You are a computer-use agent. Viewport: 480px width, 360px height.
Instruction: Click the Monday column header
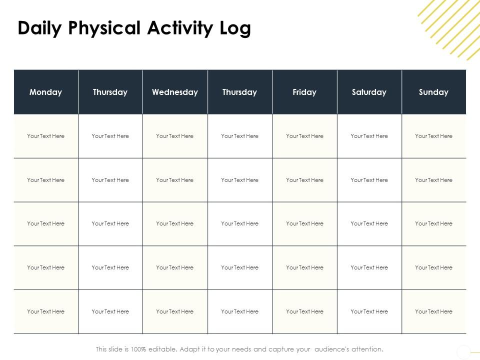[x=46, y=92]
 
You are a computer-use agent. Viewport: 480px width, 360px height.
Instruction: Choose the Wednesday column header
[x=175, y=92]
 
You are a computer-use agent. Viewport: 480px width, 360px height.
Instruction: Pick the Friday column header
[x=304, y=92]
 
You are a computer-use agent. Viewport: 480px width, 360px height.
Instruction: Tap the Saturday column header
[x=369, y=92]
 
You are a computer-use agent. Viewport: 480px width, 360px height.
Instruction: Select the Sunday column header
[x=433, y=92]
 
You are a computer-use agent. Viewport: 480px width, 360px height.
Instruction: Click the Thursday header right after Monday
[x=110, y=92]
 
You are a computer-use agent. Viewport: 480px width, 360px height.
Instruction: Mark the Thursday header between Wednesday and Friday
[x=239, y=92]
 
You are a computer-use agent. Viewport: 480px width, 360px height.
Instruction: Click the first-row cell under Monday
[x=46, y=136]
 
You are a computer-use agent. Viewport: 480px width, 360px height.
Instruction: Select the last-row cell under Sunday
[x=433, y=311]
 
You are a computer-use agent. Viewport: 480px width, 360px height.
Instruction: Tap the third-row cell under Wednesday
[x=175, y=223]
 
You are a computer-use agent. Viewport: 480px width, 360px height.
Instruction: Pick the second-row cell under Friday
[x=304, y=180]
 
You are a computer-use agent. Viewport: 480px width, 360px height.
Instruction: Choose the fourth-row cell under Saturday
[x=369, y=267]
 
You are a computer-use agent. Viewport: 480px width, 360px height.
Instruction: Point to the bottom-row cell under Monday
[x=46, y=311]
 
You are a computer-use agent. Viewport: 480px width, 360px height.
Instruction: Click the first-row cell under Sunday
[x=433, y=136]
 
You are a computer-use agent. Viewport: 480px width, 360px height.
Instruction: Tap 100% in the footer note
[x=138, y=349]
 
